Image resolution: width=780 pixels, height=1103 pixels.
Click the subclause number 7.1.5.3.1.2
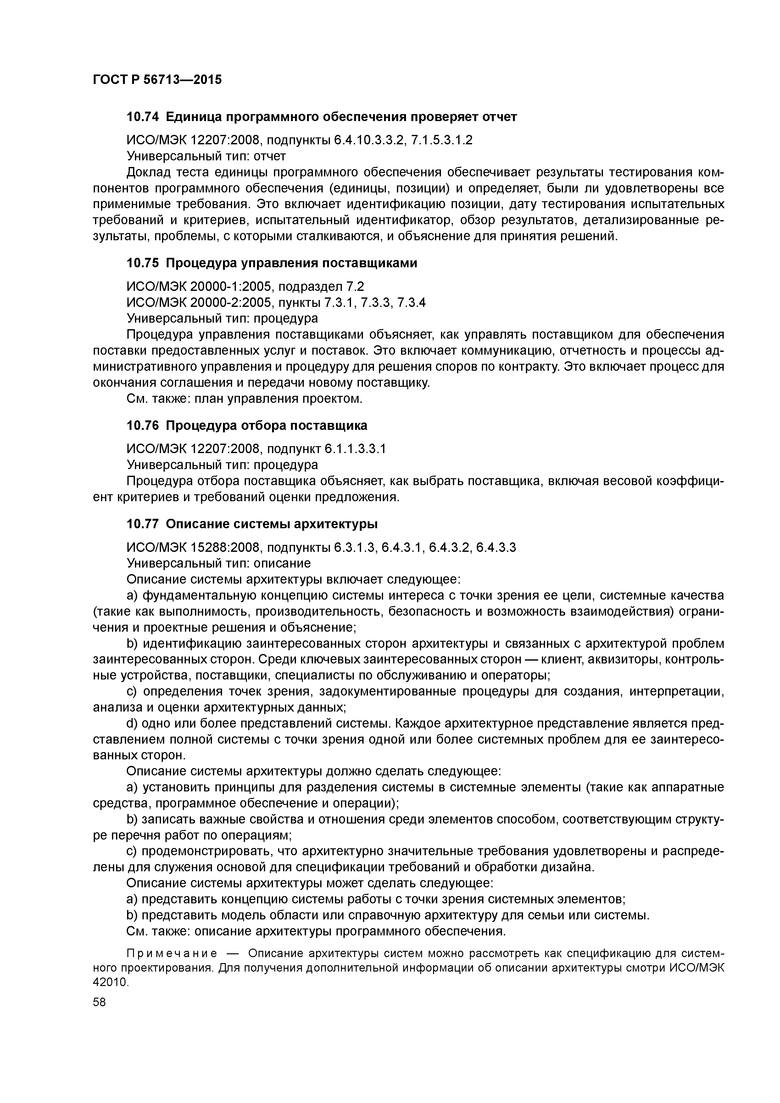pos(442,140)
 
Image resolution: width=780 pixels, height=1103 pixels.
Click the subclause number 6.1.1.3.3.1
pos(355,449)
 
